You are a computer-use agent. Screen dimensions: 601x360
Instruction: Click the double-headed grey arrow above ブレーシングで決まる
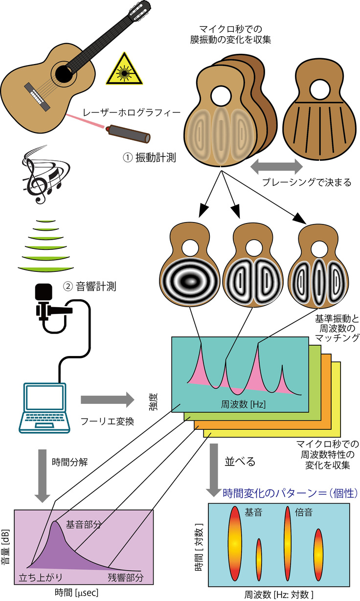[276, 167]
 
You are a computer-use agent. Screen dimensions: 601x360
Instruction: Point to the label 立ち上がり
[39, 577]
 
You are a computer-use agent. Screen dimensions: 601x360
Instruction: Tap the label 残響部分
[126, 577]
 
